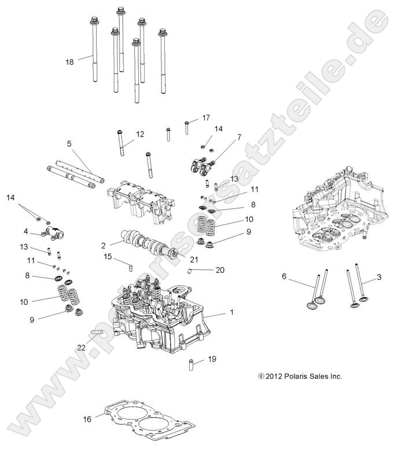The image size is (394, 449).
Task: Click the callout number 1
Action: coord(231,313)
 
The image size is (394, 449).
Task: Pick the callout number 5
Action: coord(69,143)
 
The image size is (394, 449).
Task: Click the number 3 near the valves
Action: coord(379,278)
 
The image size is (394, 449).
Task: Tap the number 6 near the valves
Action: coord(284,277)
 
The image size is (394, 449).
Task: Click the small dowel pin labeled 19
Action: coord(189,366)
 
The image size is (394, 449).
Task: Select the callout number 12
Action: coord(140,134)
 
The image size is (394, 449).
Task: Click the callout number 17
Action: coord(206,118)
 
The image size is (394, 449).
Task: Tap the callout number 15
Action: coord(108,256)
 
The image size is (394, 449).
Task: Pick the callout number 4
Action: coord(26,232)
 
